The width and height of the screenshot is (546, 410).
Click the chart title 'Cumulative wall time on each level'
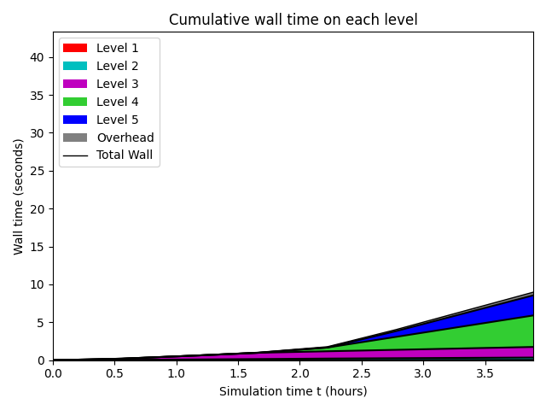293,20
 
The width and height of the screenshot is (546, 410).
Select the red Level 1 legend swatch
74,48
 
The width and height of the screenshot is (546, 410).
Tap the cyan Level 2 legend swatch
74,66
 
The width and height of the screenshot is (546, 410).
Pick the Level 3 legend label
117,84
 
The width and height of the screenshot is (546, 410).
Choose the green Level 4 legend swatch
74,102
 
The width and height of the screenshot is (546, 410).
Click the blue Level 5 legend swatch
74,120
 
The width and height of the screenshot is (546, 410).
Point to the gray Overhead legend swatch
74,138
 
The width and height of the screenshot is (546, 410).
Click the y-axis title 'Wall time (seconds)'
19,196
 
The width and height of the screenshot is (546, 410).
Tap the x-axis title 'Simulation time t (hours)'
293,391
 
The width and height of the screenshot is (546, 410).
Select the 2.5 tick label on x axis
361,373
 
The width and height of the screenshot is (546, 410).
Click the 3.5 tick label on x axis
485,373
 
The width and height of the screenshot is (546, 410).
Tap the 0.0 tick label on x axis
53,373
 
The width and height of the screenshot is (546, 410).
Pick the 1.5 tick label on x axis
238,373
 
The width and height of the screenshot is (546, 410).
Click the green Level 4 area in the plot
495,332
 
